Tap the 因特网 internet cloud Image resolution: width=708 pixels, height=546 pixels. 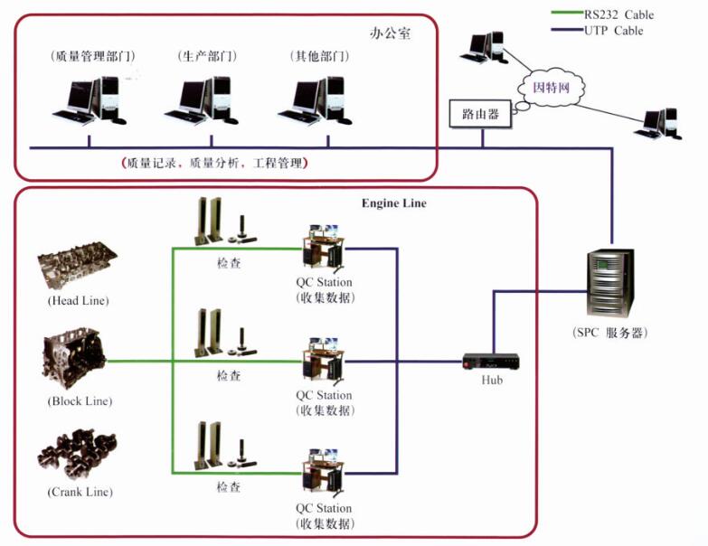tap(551, 88)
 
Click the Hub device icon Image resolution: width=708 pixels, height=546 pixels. tap(491, 362)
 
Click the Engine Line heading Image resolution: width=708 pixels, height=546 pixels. tap(393, 203)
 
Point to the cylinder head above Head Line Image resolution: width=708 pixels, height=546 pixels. tap(78, 268)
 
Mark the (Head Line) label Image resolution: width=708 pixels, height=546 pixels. tap(78, 300)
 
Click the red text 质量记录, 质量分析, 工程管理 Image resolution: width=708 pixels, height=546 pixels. tap(214, 164)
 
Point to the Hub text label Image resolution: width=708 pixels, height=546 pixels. tap(492, 381)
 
